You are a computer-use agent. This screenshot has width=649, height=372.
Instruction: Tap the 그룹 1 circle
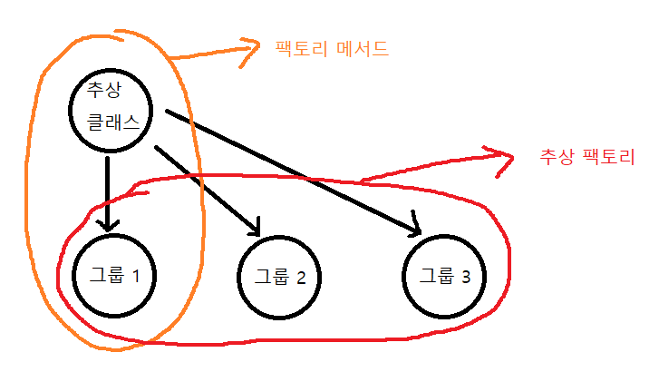tap(112, 274)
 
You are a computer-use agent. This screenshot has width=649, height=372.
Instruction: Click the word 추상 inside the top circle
tap(102, 91)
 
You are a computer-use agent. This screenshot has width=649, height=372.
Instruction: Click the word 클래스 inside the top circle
tap(114, 122)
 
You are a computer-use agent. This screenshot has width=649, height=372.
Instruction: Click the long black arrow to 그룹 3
tap(290, 170)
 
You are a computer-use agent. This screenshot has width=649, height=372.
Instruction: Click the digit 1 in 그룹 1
tap(136, 275)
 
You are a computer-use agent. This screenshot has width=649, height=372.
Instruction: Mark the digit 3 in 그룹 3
tap(465, 276)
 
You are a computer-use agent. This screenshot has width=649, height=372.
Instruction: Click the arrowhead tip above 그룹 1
tap(109, 230)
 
